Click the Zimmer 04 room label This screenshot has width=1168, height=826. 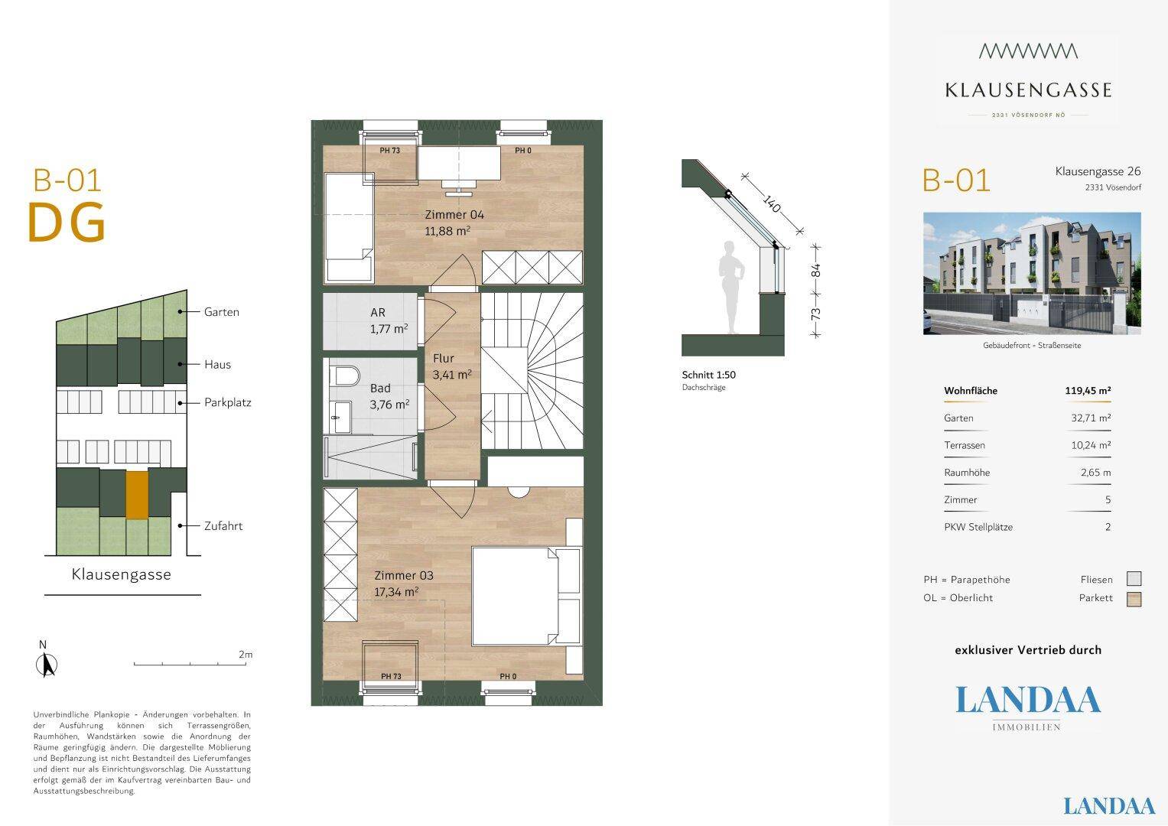click(454, 223)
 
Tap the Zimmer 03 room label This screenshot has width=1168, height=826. click(404, 584)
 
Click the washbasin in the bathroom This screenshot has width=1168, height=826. click(343, 417)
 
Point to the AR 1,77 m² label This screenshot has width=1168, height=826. click(389, 320)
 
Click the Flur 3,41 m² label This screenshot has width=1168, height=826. click(452, 366)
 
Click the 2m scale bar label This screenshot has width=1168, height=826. click(245, 654)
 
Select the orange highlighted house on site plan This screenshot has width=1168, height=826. click(137, 495)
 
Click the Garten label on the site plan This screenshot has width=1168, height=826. click(222, 312)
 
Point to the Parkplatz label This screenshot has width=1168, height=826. click(228, 402)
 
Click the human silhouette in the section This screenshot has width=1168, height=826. click(730, 288)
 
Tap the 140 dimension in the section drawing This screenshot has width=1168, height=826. click(771, 204)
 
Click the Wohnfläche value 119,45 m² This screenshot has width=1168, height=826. click(1088, 391)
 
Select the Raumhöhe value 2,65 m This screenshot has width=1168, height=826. click(1095, 473)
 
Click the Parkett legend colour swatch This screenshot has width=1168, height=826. click(1134, 599)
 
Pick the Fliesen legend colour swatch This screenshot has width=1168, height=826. click(1134, 579)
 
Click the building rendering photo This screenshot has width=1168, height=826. click(1032, 273)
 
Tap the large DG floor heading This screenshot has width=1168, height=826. click(67, 223)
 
